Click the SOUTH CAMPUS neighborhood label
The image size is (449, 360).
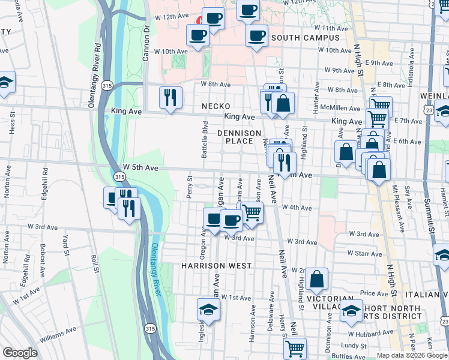pos(305,38)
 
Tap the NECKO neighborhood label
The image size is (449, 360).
pos(216,106)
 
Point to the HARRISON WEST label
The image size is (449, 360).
pos(216,265)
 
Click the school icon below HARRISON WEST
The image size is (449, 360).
pos(208,309)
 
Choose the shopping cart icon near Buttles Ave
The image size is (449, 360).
pos(295,347)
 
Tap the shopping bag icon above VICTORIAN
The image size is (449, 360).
pos(316,278)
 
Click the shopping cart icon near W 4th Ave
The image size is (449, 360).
pos(253,212)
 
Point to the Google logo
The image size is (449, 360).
pos(20,353)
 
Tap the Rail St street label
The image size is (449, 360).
pos(94,263)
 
